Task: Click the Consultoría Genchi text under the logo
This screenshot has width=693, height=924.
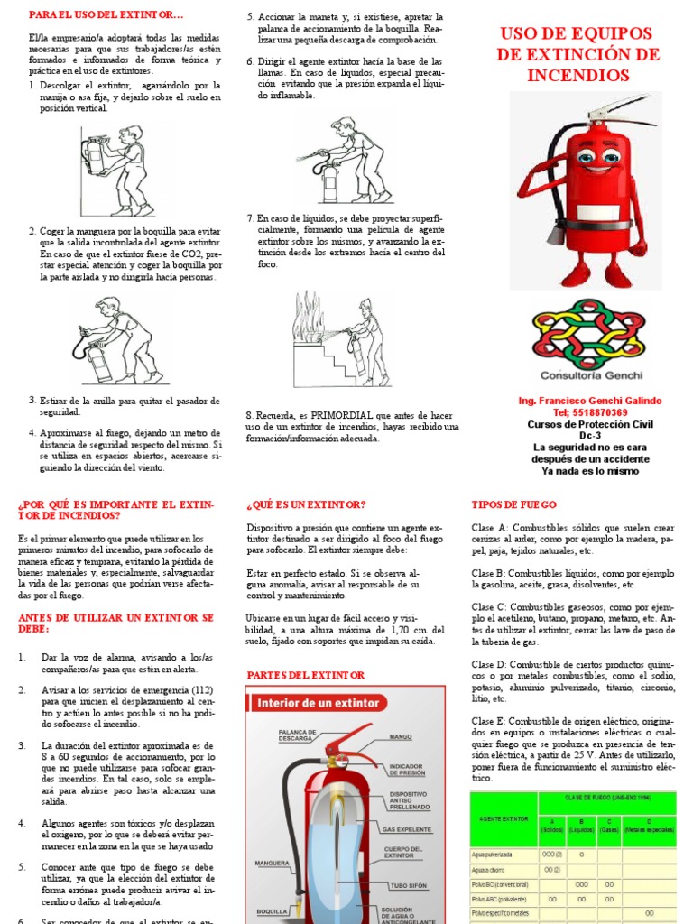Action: tap(588, 374)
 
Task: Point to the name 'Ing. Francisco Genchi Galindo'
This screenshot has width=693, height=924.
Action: tap(589, 401)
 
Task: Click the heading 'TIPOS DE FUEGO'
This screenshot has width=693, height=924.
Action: tap(513, 504)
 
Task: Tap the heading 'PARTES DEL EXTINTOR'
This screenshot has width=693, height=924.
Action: tap(305, 675)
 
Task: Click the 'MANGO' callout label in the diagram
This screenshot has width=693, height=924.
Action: tap(401, 737)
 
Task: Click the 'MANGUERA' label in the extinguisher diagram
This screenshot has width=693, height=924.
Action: tap(272, 863)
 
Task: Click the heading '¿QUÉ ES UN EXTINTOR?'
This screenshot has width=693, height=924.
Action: tap(305, 504)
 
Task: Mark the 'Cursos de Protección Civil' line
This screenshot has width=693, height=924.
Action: tap(589, 424)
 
